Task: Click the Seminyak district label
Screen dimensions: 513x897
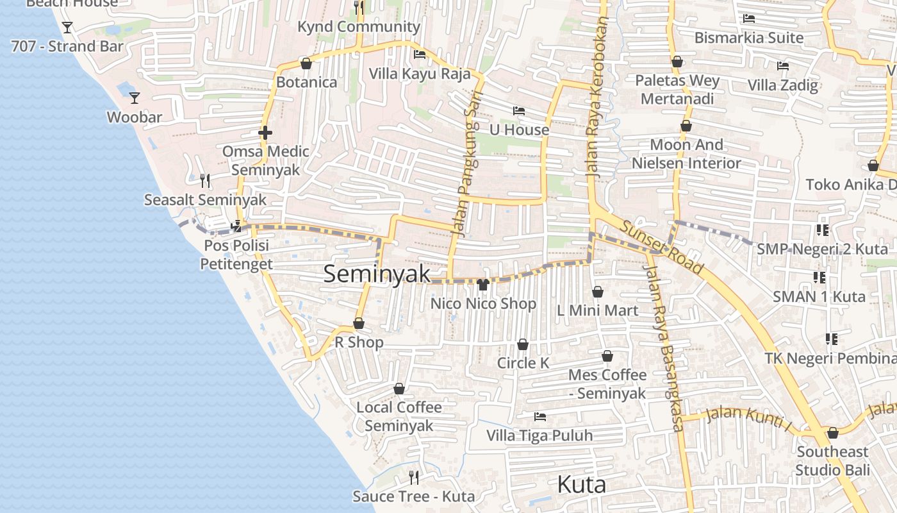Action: [377, 274]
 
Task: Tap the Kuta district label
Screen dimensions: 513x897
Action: [582, 484]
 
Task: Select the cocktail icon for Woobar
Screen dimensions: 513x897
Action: [135, 98]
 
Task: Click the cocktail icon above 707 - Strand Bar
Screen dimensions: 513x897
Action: [67, 28]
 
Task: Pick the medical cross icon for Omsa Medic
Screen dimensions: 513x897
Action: [265, 133]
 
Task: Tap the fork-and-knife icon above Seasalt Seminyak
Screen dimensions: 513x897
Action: [205, 181]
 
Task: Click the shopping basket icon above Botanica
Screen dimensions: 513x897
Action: [306, 63]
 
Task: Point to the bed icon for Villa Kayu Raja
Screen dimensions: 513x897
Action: [420, 55]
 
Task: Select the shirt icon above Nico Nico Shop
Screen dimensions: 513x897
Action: [483, 284]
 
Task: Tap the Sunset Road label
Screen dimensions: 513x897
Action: [662, 248]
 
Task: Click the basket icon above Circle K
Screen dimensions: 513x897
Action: [523, 345]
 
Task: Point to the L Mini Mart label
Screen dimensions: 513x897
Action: [597, 311]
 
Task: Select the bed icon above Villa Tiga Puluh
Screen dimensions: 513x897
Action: [540, 417]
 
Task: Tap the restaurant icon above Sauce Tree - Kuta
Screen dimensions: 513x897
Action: [414, 477]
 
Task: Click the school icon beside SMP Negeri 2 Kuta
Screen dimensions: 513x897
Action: [823, 230]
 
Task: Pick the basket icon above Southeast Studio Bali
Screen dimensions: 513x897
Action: [833, 433]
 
